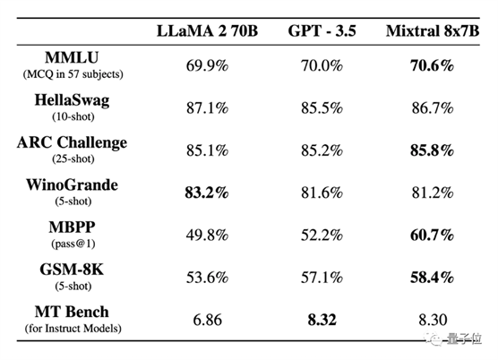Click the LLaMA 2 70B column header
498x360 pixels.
click(x=207, y=31)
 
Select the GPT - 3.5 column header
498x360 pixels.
click(x=322, y=31)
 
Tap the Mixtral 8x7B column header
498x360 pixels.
click(x=433, y=31)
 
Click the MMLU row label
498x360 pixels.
click(x=72, y=57)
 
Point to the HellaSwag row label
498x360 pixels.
click(x=72, y=100)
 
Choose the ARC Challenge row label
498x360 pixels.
click(x=72, y=142)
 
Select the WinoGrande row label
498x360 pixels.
click(x=72, y=184)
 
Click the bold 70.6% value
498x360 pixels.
click(x=432, y=65)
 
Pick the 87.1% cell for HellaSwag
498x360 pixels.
click(x=207, y=108)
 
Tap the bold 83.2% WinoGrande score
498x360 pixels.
click(x=207, y=193)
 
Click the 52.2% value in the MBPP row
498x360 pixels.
click(x=322, y=236)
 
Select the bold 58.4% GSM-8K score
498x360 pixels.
click(x=432, y=278)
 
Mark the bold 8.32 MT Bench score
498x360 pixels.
click(x=322, y=320)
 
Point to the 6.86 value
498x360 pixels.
click(x=207, y=320)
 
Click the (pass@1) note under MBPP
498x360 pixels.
click(x=73, y=244)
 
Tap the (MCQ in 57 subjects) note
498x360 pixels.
click(x=73, y=74)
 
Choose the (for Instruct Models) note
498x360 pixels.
click(x=73, y=329)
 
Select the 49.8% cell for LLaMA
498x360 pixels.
click(x=207, y=236)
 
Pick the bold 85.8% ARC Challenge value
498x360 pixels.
click(x=432, y=150)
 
